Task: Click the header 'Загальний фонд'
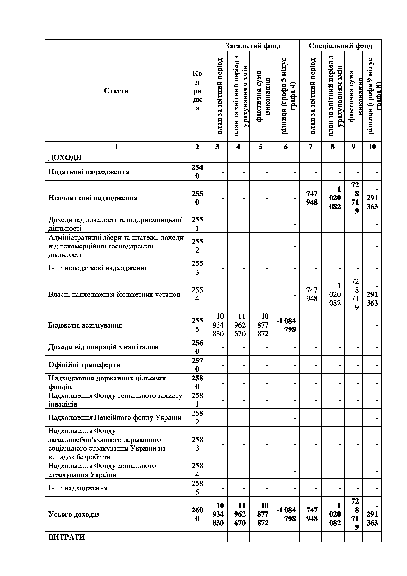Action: click(253, 46)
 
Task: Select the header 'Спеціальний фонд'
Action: click(340, 46)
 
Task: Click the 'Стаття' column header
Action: click(116, 91)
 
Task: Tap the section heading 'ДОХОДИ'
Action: click(65, 158)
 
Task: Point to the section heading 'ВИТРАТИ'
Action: click(67, 537)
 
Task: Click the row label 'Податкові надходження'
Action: click(89, 172)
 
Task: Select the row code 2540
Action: click(197, 172)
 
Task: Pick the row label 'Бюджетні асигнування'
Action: click(85, 325)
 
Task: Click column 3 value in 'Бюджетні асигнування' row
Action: click(218, 325)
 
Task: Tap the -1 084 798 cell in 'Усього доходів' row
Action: click(286, 514)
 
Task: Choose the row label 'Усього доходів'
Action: click(74, 514)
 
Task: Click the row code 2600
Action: click(197, 514)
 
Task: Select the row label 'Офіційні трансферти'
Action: click(84, 365)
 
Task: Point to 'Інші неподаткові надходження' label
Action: click(98, 268)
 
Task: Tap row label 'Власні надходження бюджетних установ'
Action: click(114, 295)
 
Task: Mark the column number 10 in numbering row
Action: click(372, 147)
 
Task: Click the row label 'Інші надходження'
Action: click(78, 488)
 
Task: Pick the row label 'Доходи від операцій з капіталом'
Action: click(103, 347)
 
